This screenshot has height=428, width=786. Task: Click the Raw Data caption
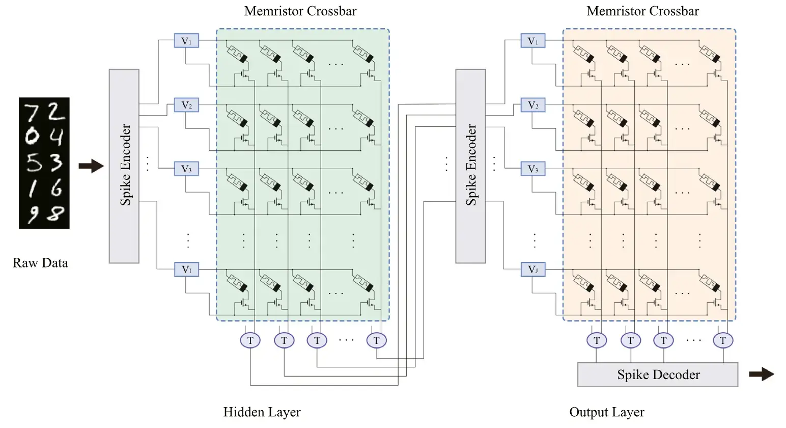coord(40,263)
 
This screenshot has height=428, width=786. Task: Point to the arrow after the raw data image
coord(91,166)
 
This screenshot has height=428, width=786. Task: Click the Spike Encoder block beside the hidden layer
coord(124,166)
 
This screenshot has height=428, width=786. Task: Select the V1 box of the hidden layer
coord(186,41)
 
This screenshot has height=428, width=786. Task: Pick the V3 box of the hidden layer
coord(186,169)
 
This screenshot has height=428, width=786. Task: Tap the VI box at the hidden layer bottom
coord(186,269)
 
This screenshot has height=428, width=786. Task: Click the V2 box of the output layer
coord(532,105)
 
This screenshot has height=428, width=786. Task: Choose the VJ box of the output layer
coord(532,269)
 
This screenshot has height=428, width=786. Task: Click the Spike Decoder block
coord(658,375)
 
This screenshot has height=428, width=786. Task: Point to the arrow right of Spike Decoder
coord(762,375)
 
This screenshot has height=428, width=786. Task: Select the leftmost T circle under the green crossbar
coord(250,340)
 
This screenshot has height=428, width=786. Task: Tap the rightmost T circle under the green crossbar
coord(376,340)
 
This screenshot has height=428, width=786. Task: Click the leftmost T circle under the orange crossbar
coord(597,340)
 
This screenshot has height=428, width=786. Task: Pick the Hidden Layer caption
coord(262,412)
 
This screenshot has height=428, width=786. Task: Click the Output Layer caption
coord(607,412)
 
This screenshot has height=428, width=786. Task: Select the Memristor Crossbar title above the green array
coord(300,11)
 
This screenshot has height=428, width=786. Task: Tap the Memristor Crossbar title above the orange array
coord(642,11)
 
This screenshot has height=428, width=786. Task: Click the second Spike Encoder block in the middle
coord(470,166)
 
